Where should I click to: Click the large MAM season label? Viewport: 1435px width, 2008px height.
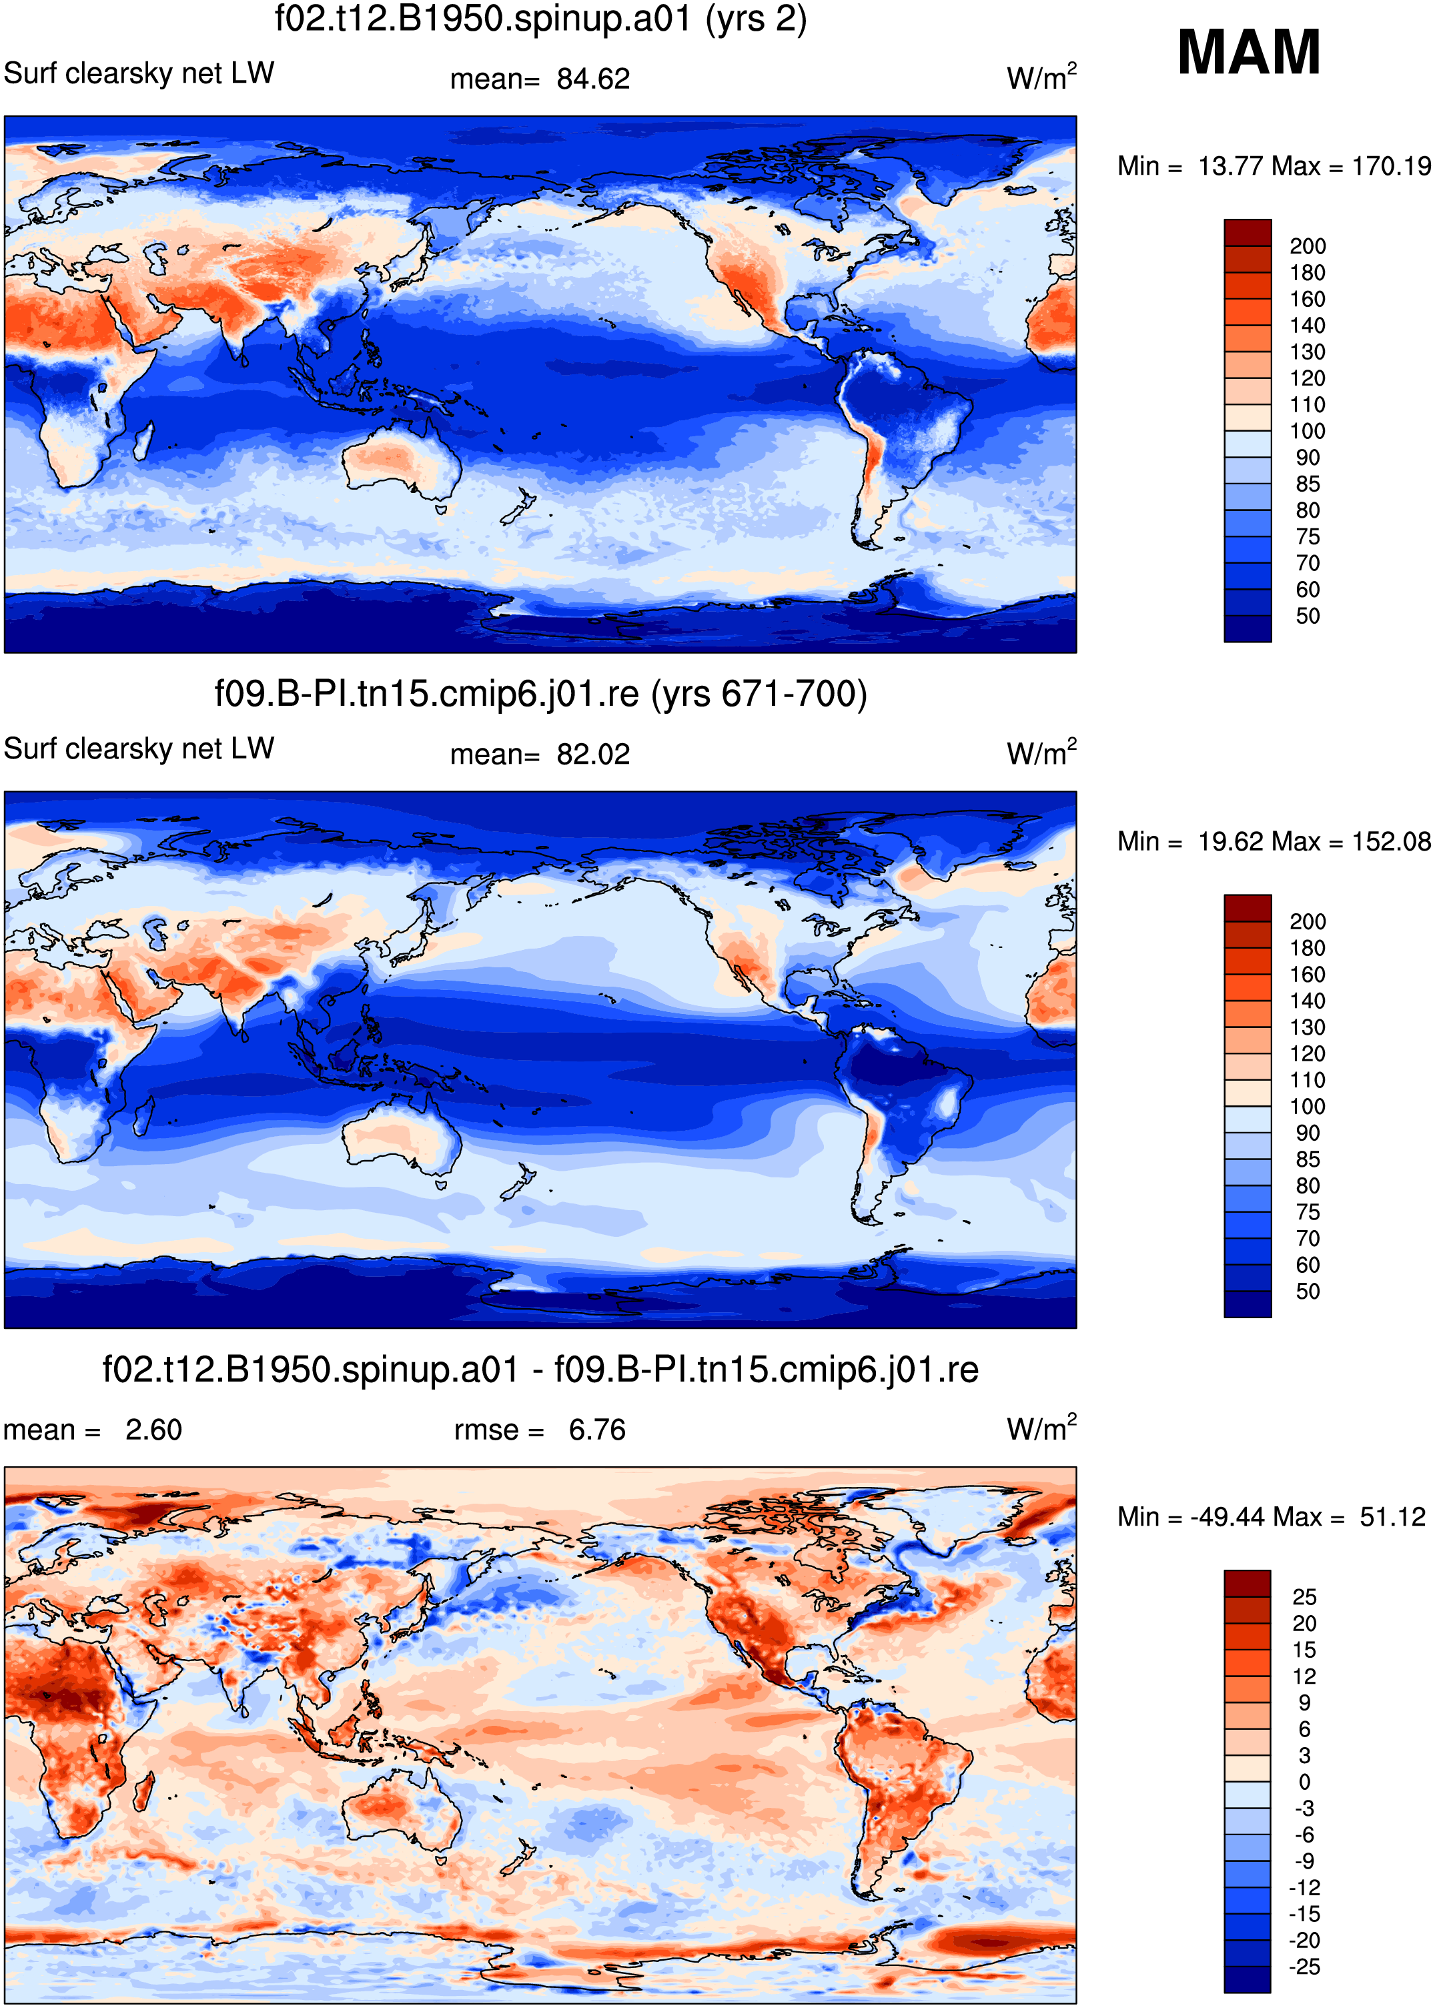1249,52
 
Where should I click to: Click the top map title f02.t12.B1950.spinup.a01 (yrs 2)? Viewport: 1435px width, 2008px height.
541,19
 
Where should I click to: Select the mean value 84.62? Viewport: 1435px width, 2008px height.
593,79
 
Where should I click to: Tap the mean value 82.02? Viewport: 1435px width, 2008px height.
593,755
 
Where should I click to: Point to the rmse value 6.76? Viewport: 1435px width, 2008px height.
597,1430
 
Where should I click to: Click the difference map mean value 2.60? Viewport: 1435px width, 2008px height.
153,1430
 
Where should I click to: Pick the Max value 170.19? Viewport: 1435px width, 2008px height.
1391,166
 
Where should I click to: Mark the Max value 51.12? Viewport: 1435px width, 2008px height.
1392,1517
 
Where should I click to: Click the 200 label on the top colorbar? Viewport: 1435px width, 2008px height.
1308,246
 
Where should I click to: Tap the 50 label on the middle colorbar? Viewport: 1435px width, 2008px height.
1308,1292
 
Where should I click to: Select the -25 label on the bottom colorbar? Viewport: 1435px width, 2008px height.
1304,1967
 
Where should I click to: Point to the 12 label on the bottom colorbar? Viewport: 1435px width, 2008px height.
1304,1676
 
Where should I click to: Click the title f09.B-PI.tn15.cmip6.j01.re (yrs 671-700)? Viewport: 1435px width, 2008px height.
541,694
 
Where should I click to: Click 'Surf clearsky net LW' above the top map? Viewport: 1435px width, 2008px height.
139,73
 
